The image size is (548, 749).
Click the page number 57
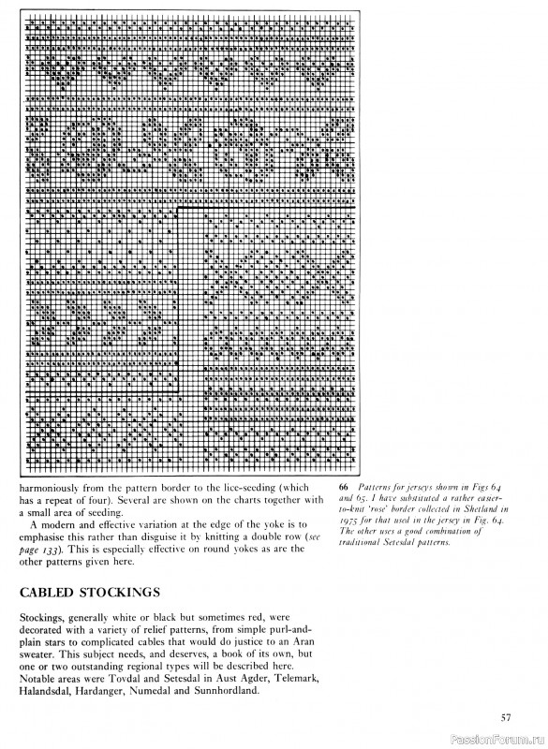pos(506,718)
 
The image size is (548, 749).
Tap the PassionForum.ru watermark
pos(496,738)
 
